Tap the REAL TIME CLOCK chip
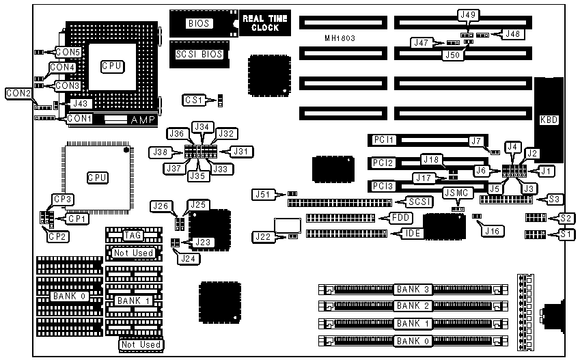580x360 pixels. (265, 23)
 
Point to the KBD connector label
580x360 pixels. (549, 120)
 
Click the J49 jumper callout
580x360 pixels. (469, 14)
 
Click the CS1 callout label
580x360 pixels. (194, 100)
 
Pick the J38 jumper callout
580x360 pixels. (162, 151)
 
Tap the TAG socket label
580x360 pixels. (133, 235)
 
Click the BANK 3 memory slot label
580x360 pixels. (413, 289)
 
